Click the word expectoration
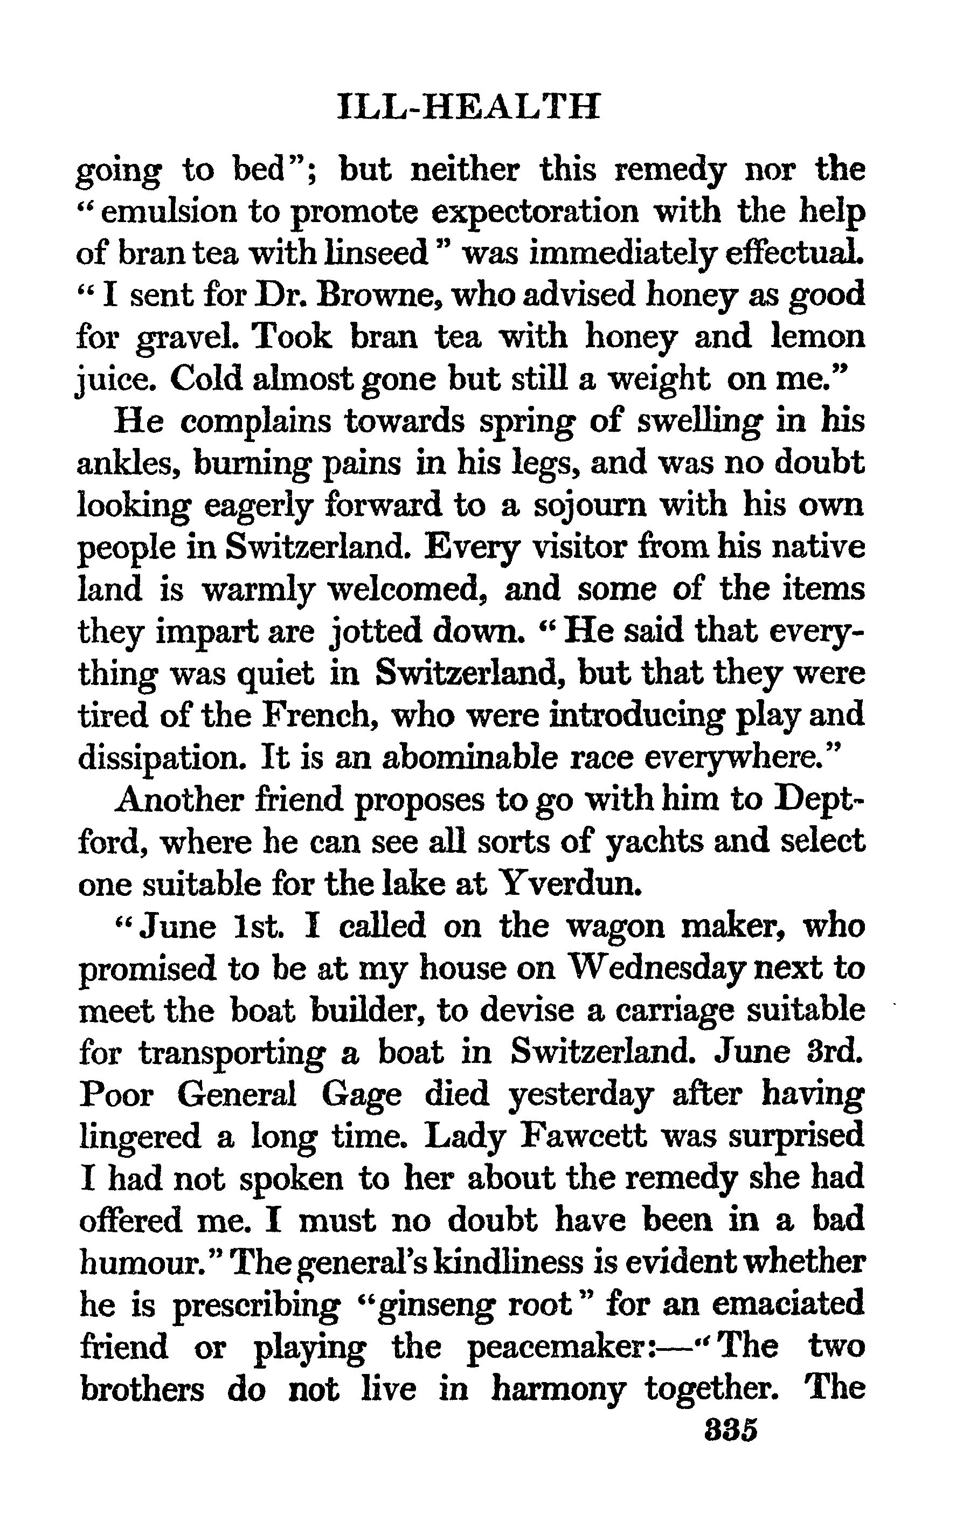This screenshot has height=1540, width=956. [x=535, y=212]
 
